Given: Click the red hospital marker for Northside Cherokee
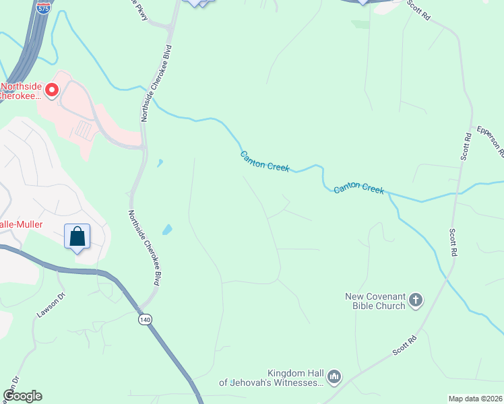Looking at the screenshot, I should click(51, 89).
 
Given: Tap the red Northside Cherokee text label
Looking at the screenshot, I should click(20, 91).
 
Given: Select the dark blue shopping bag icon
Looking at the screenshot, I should click(77, 237).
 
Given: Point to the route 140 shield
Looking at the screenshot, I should click(145, 319).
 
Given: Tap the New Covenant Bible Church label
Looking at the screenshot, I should click(376, 301).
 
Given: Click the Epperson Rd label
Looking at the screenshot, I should click(491, 141).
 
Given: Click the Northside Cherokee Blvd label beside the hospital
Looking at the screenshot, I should click(156, 83).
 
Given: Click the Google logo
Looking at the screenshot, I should click(22, 396).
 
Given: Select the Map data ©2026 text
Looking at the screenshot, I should click(475, 399).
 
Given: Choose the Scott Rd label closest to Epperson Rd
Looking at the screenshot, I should click(466, 145).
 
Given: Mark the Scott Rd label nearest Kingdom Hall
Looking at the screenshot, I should click(407, 344).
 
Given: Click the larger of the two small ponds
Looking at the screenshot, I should click(166, 230).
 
